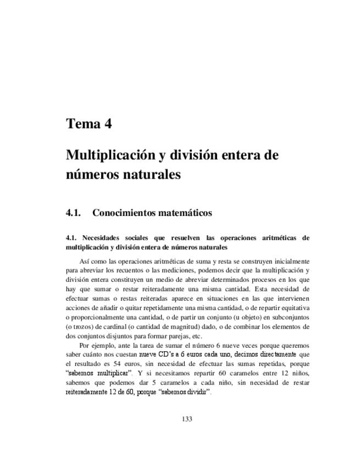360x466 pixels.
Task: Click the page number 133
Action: pos(187,419)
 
